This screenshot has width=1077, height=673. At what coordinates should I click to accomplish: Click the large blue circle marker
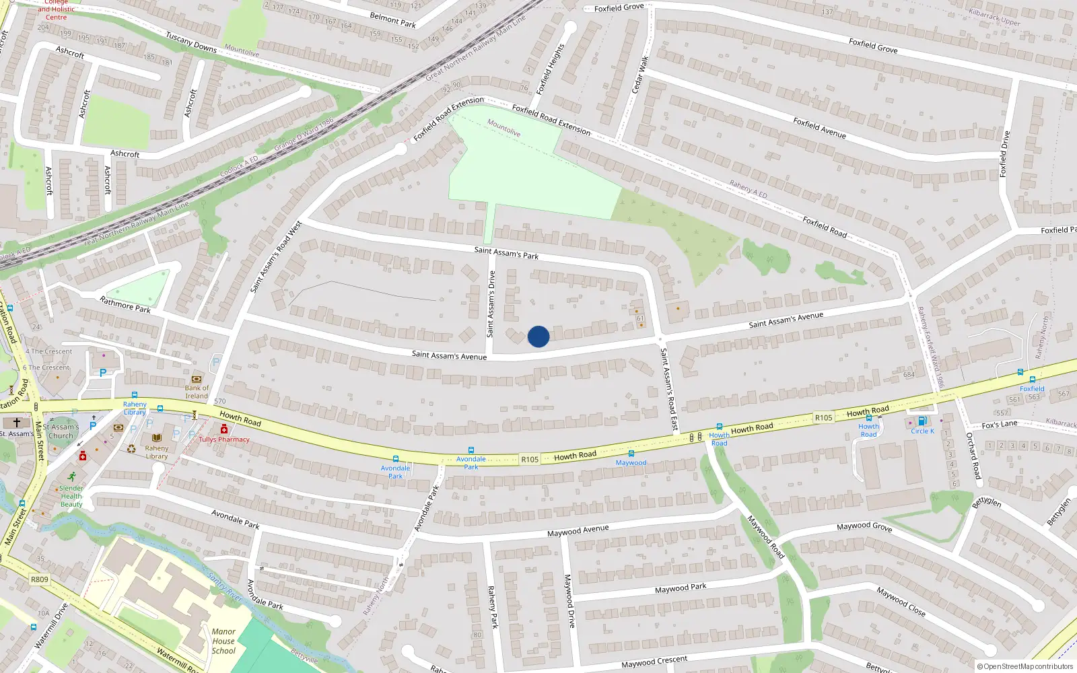click(x=538, y=336)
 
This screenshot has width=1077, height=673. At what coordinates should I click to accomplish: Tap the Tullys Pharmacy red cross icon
click(x=223, y=429)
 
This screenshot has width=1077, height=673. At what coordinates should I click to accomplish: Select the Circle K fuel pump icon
click(x=922, y=421)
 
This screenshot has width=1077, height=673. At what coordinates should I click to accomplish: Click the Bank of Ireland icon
click(x=197, y=379)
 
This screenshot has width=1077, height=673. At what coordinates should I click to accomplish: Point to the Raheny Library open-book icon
click(x=157, y=437)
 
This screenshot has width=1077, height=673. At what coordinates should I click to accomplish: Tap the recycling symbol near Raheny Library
click(x=131, y=448)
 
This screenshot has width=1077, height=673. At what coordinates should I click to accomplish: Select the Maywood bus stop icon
click(x=631, y=454)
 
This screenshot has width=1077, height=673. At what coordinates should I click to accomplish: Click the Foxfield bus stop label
click(x=1032, y=388)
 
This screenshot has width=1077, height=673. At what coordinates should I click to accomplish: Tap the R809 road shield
click(x=40, y=579)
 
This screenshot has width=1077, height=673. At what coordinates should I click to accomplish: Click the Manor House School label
click(x=223, y=641)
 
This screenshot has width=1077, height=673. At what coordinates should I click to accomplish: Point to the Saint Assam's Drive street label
click(x=491, y=304)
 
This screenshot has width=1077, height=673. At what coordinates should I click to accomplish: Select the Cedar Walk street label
click(x=639, y=75)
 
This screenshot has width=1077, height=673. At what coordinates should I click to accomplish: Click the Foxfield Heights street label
click(x=551, y=69)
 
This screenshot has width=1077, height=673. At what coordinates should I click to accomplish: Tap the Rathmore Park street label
click(x=125, y=305)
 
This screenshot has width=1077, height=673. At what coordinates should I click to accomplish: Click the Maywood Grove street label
click(x=864, y=527)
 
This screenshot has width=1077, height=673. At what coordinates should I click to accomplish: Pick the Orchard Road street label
click(x=973, y=456)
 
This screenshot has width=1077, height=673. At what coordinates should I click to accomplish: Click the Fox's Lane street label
click(x=1000, y=425)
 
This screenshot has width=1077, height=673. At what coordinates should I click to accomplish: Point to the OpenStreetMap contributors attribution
click(x=1024, y=666)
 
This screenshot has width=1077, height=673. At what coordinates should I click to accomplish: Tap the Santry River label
click(x=225, y=587)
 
